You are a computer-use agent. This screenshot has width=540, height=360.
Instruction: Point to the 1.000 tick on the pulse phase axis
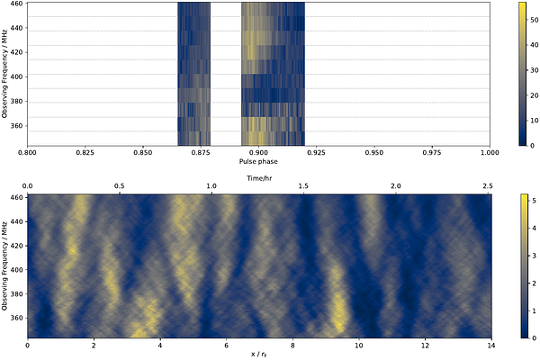coord(490,152)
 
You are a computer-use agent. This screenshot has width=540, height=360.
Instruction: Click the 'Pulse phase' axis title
coord(259,162)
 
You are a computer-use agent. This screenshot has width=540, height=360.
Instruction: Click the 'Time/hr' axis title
coord(259,177)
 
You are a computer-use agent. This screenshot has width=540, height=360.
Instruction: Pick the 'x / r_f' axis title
coord(259,354)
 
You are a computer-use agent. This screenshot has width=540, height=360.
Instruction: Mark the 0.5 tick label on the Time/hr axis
coord(120,186)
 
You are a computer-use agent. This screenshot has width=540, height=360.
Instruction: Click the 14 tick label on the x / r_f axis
coord(490,344)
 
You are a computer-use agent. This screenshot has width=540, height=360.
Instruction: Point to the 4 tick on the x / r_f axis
coord(160,344)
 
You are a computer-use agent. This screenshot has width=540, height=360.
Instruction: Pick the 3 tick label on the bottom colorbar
coord(532,254)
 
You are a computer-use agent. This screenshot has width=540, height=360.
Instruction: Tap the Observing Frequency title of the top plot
coord(5,74)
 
